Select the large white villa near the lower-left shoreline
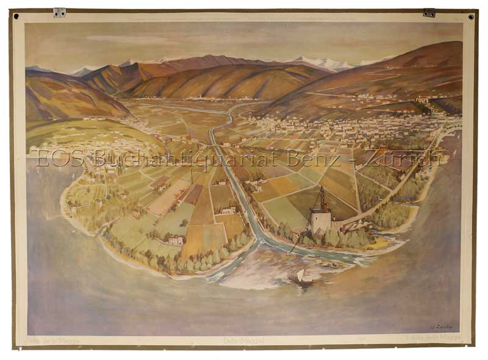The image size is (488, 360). point(174,240)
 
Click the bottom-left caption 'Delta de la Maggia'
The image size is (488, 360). point(53,339)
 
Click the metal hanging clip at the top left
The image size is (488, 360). point(59,12)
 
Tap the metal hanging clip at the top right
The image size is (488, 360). point(429,12)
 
